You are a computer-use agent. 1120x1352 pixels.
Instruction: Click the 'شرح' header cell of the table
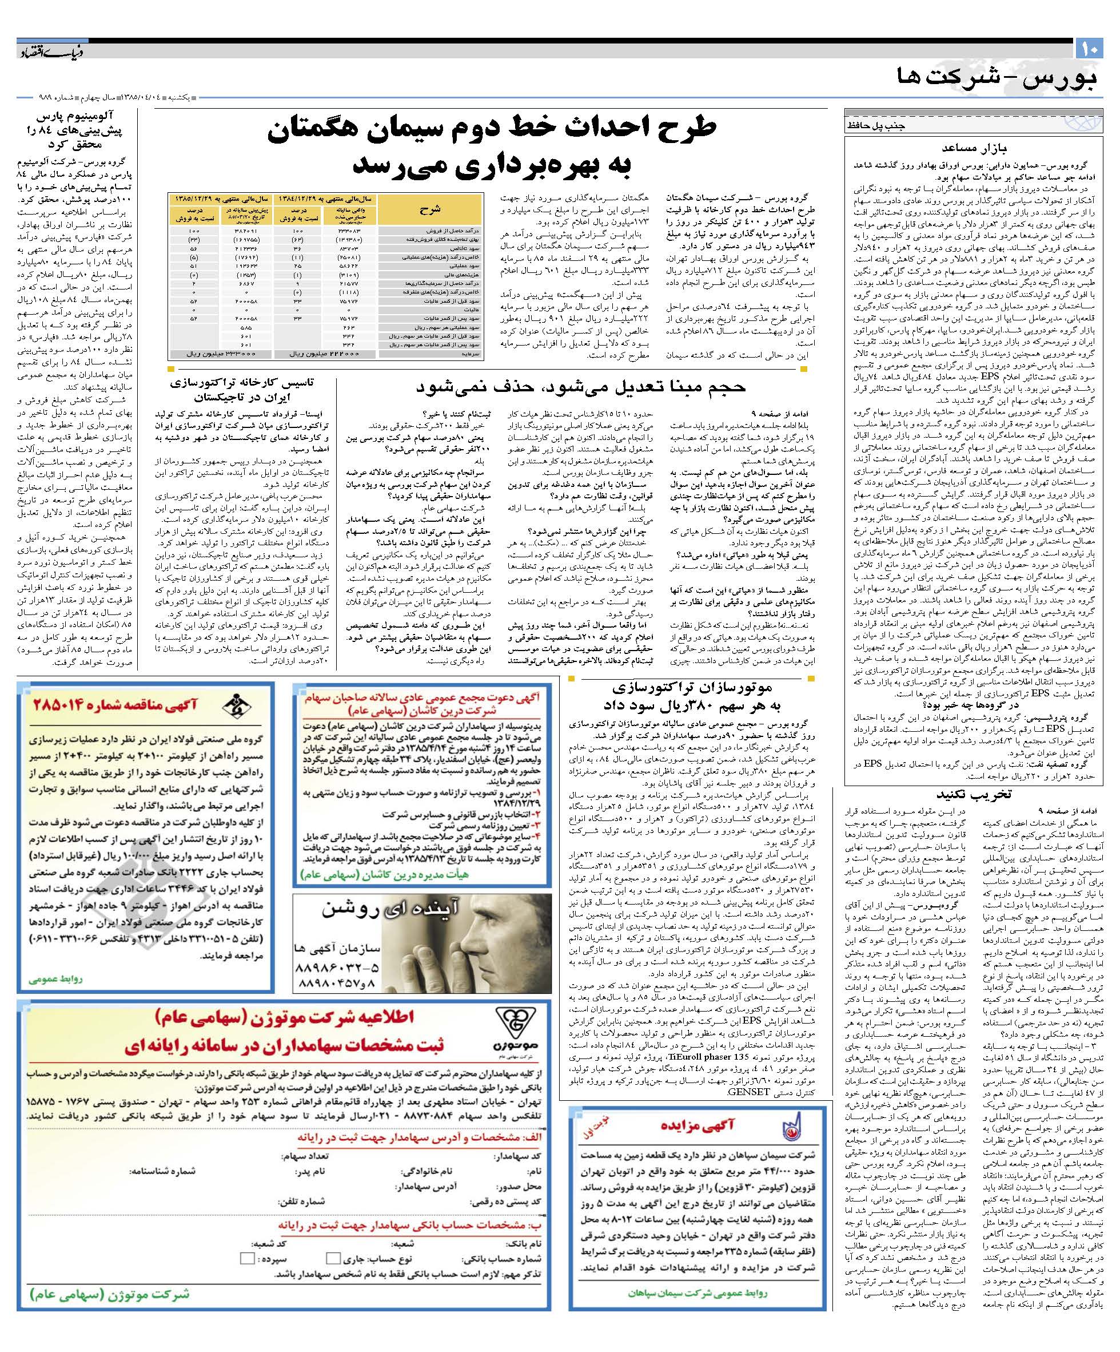(429, 209)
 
